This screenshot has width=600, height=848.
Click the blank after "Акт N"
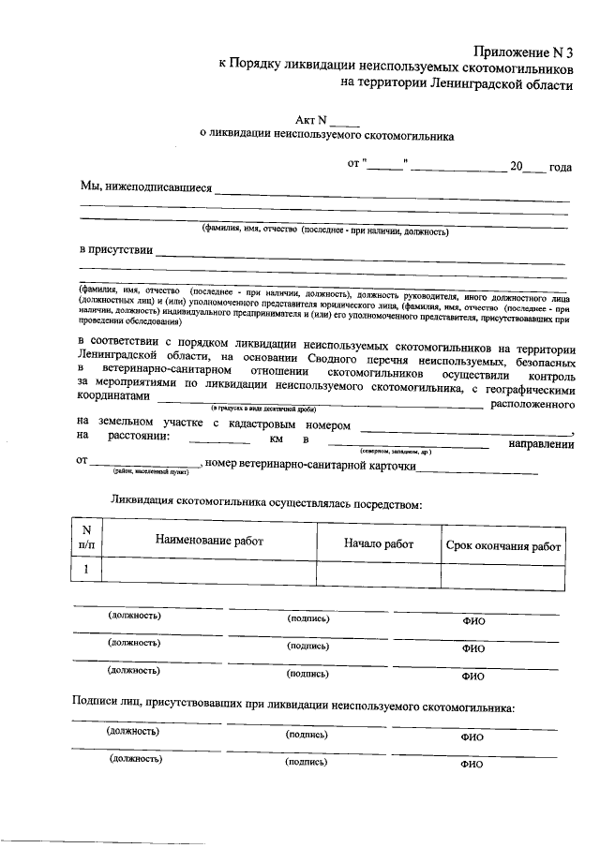tap(344, 121)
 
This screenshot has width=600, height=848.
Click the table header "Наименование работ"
tap(209, 541)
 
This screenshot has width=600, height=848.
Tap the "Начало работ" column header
tap(378, 541)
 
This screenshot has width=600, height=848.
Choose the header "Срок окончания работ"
tap(502, 546)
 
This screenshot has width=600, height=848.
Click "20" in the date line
tap(516, 166)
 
